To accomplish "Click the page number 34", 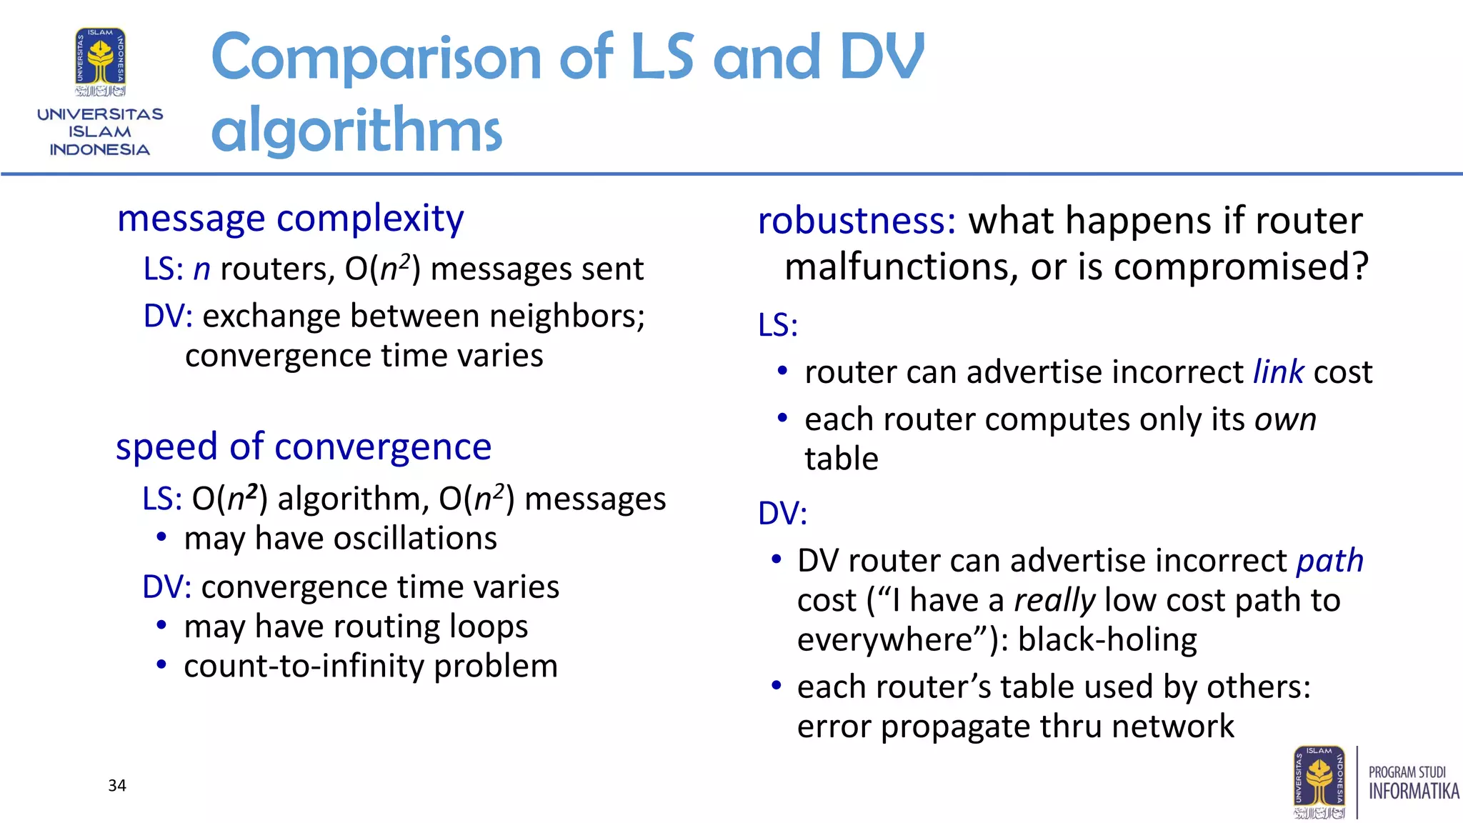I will tap(117, 785).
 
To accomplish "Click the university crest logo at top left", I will tap(101, 63).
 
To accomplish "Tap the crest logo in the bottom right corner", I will tap(1319, 782).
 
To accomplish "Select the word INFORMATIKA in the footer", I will tap(1413, 791).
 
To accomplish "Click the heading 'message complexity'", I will tap(290, 219).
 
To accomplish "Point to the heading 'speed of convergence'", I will tap(304, 447).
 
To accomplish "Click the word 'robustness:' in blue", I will tap(857, 221).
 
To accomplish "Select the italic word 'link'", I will tap(1279, 372).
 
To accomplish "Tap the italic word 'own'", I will tap(1285, 419).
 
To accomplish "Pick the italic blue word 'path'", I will tap(1330, 561).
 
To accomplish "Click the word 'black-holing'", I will tap(1107, 640).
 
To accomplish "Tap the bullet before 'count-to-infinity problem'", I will tap(162, 666).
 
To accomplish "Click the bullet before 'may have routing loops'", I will tap(162, 627).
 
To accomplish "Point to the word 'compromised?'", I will tap(1241, 267).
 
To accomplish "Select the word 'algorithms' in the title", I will tap(356, 129).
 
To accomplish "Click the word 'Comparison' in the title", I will tap(376, 57).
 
